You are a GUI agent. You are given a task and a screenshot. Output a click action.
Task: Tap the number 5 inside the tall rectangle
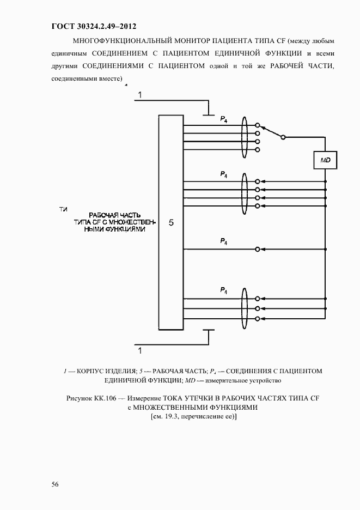point(171,223)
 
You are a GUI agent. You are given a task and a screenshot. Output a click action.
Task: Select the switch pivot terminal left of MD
point(283,137)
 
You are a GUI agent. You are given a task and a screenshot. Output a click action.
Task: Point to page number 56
point(56,484)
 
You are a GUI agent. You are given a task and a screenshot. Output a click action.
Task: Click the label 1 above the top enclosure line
point(140,96)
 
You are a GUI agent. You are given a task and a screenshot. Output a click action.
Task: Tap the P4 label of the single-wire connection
point(223,241)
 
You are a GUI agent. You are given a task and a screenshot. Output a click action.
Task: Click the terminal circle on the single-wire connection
point(258,249)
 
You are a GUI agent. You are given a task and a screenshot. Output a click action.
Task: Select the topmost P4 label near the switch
point(223,118)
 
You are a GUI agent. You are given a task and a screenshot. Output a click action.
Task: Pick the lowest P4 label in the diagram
point(223,290)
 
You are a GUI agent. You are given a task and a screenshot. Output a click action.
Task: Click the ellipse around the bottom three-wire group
point(245,308)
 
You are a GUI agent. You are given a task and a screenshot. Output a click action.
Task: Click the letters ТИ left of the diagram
point(63,209)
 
